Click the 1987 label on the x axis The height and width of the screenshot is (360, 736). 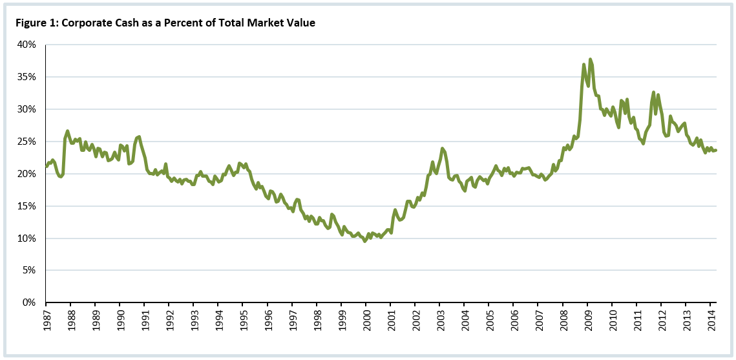pos(46,321)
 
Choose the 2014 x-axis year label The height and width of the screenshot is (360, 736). pos(711,321)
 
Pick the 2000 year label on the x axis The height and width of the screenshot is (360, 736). pos(366,321)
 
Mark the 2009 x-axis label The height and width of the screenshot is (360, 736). pos(587,321)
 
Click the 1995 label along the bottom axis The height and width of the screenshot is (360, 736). pos(243,321)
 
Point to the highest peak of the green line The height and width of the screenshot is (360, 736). pos(590,59)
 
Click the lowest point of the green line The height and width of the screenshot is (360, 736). pos(365,241)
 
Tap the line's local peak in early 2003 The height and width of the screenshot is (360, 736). pos(442,149)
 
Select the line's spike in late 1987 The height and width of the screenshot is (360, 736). pos(67,131)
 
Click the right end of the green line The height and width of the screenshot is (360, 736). pos(716,150)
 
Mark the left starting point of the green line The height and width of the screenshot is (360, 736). pos(46,166)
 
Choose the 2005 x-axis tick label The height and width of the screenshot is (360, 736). pos(489,321)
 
